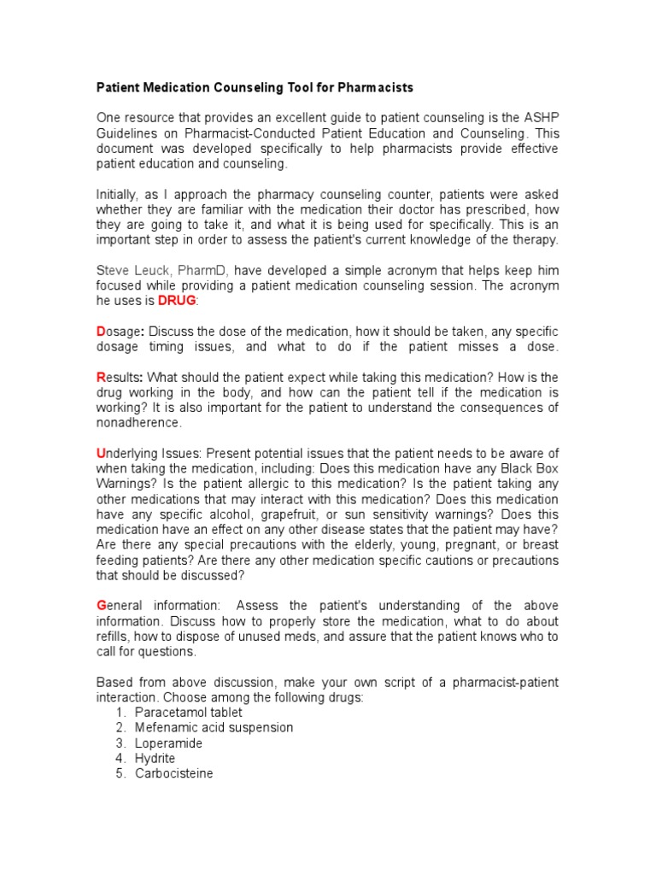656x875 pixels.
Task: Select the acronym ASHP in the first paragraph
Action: (x=538, y=118)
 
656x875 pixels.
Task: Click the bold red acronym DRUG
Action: (x=177, y=302)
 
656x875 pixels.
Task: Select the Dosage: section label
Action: (x=120, y=332)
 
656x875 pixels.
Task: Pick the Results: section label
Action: (x=120, y=378)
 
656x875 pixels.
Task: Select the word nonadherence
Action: (x=138, y=424)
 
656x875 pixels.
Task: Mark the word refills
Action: (x=114, y=637)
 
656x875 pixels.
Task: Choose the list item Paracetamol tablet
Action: (x=188, y=713)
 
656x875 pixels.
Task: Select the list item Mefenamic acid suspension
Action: (x=214, y=728)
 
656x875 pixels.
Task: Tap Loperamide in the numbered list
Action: (x=168, y=743)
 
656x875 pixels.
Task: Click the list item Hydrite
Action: (x=155, y=759)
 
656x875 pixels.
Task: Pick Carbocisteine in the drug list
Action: (x=174, y=774)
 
